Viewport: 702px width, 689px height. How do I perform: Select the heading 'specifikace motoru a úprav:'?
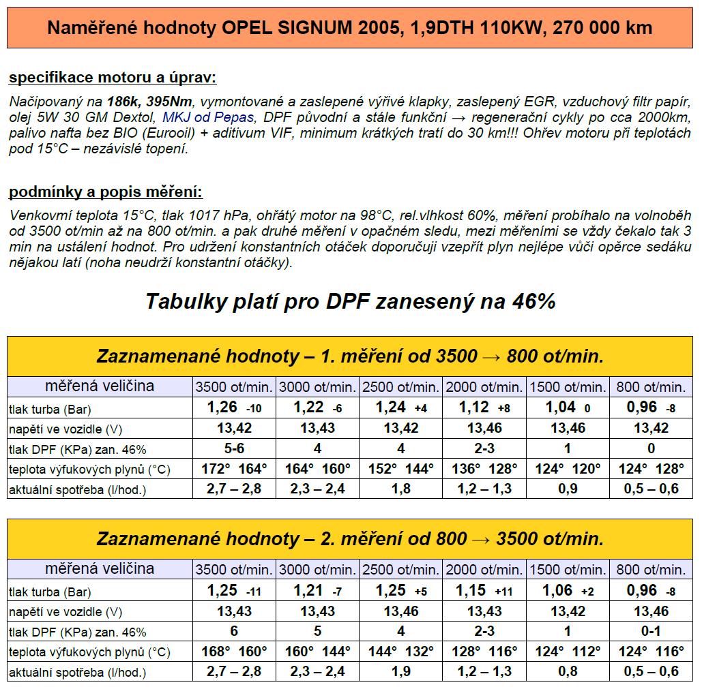click(x=113, y=78)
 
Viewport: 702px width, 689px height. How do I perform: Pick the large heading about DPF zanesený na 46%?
click(x=351, y=302)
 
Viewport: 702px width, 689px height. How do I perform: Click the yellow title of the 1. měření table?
click(x=350, y=356)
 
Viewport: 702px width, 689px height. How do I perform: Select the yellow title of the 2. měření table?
click(x=350, y=539)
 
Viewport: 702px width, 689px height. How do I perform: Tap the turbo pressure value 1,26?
click(x=222, y=408)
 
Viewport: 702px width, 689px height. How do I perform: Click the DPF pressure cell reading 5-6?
click(x=234, y=448)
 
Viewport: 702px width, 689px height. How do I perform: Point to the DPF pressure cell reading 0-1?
click(x=651, y=631)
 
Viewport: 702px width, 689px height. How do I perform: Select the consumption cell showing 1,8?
click(x=401, y=489)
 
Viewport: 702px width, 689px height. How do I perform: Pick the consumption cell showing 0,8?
click(x=568, y=672)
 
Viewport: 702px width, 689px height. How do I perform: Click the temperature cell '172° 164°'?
click(x=234, y=469)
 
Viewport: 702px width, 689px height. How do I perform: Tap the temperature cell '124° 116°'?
click(x=651, y=652)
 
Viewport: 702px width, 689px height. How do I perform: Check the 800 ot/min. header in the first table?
click(x=651, y=387)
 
